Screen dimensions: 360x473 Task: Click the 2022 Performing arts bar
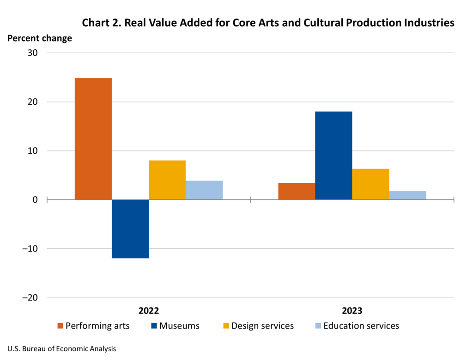tap(93, 138)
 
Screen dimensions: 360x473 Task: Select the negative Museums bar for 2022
tap(130, 229)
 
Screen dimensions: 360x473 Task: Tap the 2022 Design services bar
tap(167, 180)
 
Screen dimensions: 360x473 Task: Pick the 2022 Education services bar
tap(204, 190)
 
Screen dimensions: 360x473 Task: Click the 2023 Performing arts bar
tap(297, 191)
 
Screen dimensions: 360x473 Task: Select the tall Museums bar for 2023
tap(334, 156)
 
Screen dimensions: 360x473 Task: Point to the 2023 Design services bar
tap(370, 184)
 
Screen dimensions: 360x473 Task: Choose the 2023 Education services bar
tap(407, 195)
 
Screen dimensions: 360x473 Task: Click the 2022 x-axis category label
tap(148, 310)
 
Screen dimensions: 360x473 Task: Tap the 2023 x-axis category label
tap(352, 310)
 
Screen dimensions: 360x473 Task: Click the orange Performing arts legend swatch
tap(60, 326)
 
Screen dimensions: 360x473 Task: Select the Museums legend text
tap(179, 326)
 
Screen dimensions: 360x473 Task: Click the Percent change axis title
tap(40, 38)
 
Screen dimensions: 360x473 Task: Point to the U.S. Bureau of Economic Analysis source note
tap(61, 349)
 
